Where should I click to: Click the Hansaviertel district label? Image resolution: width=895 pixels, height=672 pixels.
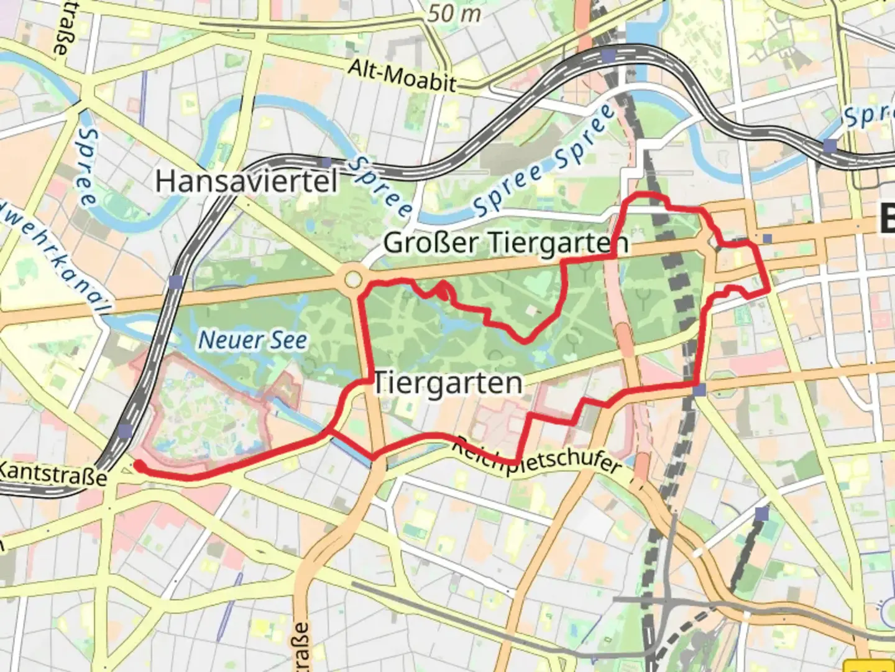pyautogui.click(x=246, y=182)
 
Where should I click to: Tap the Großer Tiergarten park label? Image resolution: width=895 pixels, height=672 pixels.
pyautogui.click(x=506, y=243)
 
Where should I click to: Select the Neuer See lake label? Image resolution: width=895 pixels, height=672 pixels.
pyautogui.click(x=252, y=340)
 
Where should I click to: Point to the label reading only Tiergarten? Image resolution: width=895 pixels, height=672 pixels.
pyautogui.click(x=447, y=383)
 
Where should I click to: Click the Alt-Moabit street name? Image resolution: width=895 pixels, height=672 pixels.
pyautogui.click(x=402, y=76)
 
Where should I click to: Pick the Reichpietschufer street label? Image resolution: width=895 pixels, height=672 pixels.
pyautogui.click(x=536, y=457)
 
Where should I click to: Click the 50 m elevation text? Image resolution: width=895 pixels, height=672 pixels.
pyautogui.click(x=454, y=14)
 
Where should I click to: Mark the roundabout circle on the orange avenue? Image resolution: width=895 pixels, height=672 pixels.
pyautogui.click(x=352, y=279)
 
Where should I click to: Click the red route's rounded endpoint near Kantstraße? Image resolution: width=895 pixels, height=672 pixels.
pyautogui.click(x=138, y=465)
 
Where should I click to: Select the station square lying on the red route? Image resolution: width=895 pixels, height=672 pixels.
pyautogui.click(x=700, y=390)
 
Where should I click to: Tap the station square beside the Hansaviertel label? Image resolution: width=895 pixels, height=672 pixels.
pyautogui.click(x=326, y=163)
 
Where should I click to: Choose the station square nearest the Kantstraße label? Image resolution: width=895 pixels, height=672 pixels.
pyautogui.click(x=125, y=431)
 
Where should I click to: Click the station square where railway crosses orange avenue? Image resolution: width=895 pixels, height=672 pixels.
pyautogui.click(x=176, y=282)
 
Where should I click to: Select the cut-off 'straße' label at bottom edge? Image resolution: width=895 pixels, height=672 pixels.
pyautogui.click(x=300, y=647)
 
